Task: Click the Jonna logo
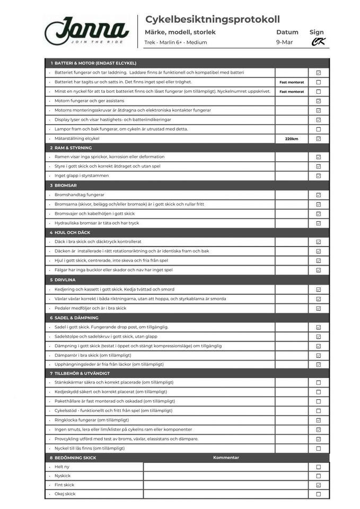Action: coord(86,31)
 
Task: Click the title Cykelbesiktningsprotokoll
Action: coord(212,20)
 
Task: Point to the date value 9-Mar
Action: coord(284,42)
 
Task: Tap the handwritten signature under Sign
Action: coord(318,42)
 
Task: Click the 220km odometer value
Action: coord(292,139)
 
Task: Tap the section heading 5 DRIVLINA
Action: coord(65,280)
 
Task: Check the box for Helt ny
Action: coord(319,467)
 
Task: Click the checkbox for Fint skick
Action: coord(319,485)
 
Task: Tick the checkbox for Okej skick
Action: coord(319,494)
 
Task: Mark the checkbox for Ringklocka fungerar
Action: coord(319,420)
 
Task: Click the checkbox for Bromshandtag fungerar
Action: coord(319,195)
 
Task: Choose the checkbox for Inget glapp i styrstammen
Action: coord(319,176)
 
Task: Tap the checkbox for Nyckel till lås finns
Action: coord(319,449)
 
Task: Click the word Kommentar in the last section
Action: coord(226,458)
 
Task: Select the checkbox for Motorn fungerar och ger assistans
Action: coord(319,101)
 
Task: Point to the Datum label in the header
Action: coord(287,32)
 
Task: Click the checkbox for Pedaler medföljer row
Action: coord(319,308)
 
